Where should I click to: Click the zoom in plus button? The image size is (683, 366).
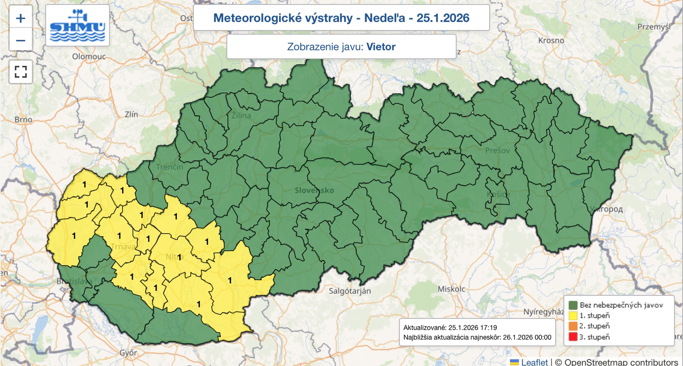20,18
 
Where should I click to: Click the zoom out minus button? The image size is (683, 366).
20,40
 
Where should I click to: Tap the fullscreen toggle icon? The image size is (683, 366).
20,71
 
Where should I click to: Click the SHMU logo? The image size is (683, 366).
77,26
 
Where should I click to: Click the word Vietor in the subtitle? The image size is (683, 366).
381,47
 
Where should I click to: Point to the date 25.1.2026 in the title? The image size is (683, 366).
443,18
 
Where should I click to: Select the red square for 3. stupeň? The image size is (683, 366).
573,336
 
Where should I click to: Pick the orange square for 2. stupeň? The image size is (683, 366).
573,326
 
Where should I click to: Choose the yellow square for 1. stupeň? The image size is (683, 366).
573,316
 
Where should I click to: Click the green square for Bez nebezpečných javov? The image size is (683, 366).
573,305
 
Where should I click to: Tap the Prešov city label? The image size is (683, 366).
497,151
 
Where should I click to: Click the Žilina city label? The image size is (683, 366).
241,115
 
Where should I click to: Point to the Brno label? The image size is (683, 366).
23,120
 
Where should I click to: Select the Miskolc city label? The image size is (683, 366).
451,289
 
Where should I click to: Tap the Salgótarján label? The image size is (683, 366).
350,291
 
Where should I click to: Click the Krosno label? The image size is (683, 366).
551,41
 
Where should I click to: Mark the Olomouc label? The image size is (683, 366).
89,56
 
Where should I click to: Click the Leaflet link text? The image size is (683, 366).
534,362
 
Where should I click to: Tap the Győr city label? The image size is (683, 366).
128,353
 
